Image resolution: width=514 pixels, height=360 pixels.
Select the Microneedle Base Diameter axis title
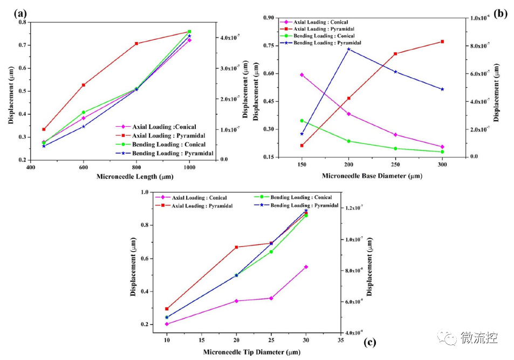[x=372, y=176]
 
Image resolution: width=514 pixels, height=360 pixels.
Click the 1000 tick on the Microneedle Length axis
[x=189, y=168]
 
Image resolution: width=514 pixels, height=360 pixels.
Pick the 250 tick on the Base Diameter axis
[x=395, y=165]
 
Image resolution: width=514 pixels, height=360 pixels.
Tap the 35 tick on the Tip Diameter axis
[x=340, y=340]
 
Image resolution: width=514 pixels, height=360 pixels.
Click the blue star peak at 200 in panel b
[x=349, y=49]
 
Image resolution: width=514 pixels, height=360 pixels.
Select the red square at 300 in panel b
[x=442, y=41]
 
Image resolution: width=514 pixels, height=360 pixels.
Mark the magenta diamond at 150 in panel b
[x=302, y=75]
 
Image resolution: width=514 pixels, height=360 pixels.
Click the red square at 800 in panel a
[x=136, y=43]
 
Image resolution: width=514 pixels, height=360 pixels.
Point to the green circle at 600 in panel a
[x=84, y=112]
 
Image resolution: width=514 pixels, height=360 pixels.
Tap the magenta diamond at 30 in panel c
[x=306, y=267]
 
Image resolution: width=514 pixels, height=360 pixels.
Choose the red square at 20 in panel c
[x=236, y=247]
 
